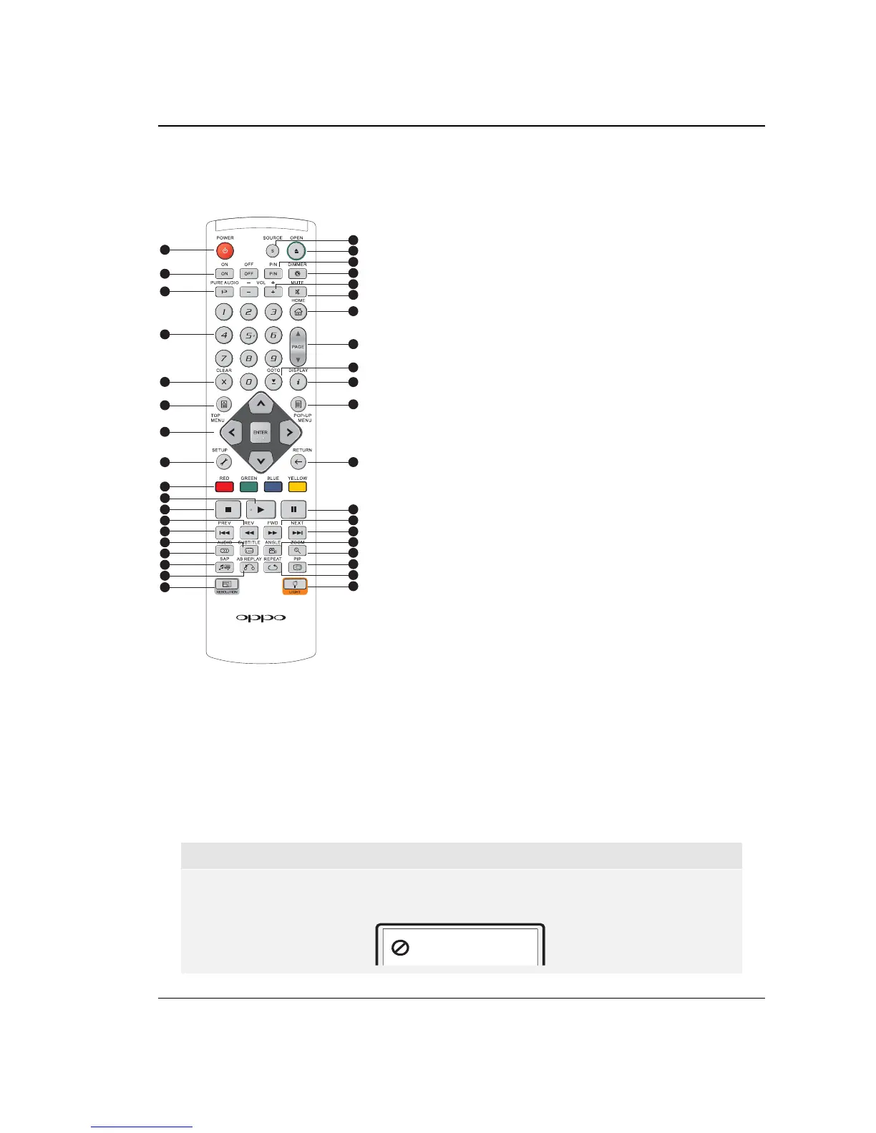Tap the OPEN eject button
296,251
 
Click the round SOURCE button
273,250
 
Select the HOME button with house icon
298,312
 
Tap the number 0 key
248,382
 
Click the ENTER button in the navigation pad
261,433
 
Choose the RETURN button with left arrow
299,462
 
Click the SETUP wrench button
223,462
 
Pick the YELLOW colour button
298,487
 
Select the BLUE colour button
273,487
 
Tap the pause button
293,509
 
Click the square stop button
228,509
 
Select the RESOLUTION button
226,585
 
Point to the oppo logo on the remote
261,617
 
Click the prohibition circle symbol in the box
401,947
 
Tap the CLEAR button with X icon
224,382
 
